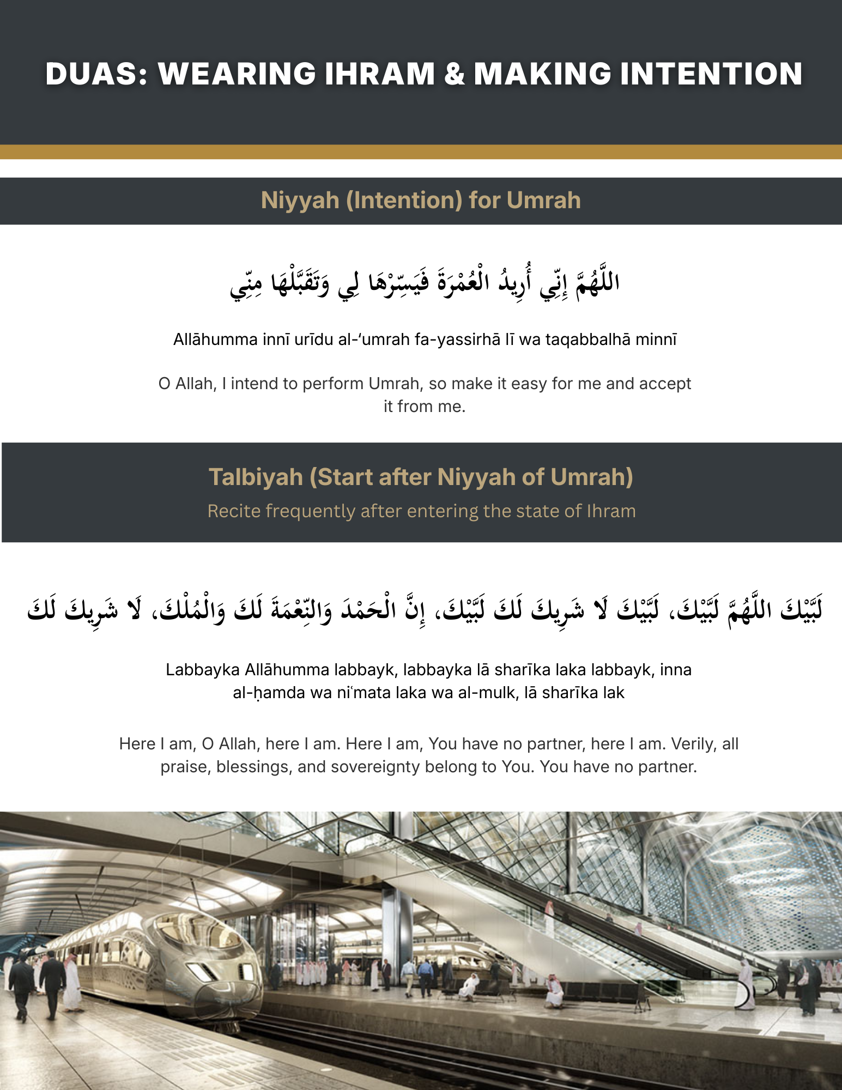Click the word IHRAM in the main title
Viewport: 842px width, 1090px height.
pos(379,74)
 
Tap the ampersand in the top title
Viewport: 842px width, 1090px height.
pos(454,74)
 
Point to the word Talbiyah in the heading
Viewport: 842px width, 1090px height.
pos(256,477)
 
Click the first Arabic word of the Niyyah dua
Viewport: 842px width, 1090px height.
pos(598,282)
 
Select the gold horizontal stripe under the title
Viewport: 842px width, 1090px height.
pos(421,152)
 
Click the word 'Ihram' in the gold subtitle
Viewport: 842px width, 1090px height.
pos(611,511)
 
